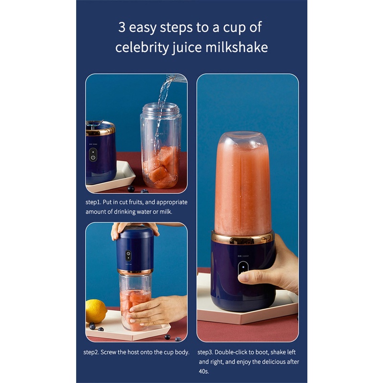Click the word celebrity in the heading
coord(142,47)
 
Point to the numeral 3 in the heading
coord(122,27)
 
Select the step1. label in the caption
coord(93,202)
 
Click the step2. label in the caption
coord(91,352)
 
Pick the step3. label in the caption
coord(205,352)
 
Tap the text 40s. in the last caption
coord(204,372)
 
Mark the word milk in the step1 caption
coord(166,212)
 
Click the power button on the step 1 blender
coord(93,155)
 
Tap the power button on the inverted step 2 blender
coord(128,256)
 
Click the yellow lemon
coord(96,311)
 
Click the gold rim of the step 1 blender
coord(101,129)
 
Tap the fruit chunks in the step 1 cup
coord(161,167)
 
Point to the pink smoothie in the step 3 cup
coord(243,188)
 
